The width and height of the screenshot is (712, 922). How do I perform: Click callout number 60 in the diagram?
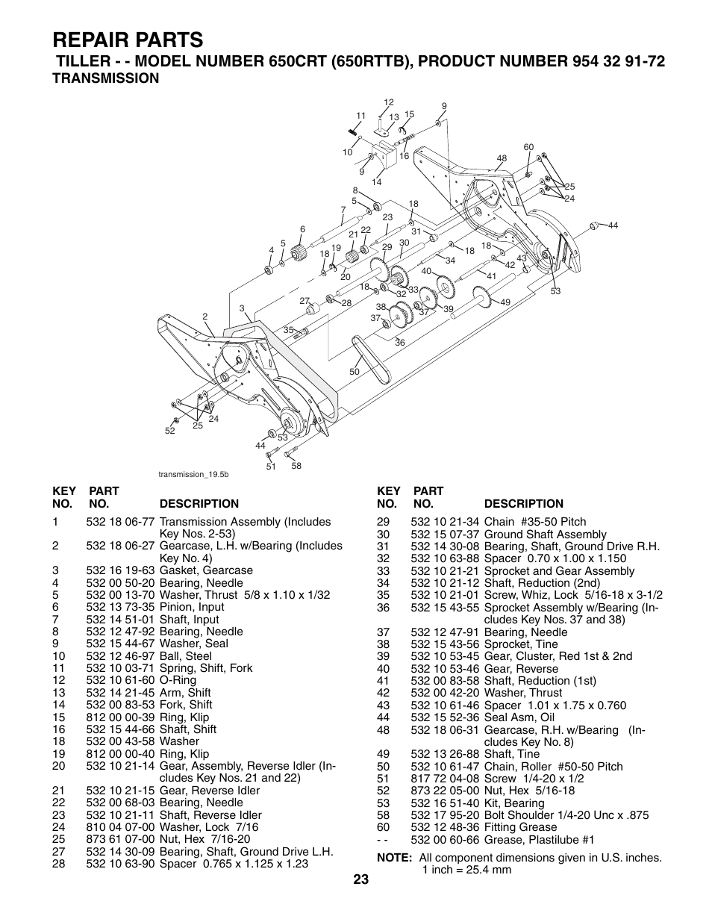tap(528, 147)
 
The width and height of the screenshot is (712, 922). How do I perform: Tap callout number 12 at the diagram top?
tap(388, 102)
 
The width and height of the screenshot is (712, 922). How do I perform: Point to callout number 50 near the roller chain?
tap(355, 371)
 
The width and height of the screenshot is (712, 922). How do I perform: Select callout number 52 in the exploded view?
tap(169, 431)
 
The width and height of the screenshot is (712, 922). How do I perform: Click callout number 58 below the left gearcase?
tap(296, 466)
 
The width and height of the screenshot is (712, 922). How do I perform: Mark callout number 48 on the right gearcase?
tap(502, 158)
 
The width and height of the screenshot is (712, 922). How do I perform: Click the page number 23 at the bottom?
tap(361, 879)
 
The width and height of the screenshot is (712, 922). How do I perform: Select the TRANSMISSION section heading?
tap(105, 78)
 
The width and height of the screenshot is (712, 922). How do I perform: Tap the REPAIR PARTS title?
tap(128, 38)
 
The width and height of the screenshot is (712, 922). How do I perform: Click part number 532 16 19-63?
tap(120, 570)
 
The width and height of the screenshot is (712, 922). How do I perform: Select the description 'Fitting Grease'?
tap(520, 826)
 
